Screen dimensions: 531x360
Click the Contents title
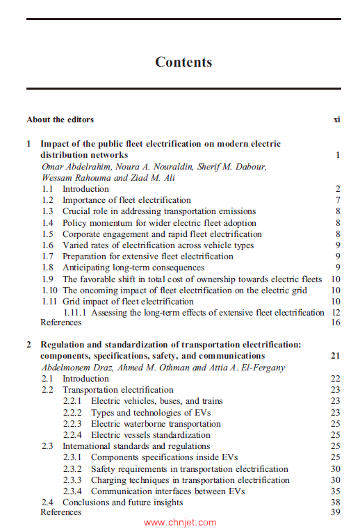click(x=183, y=62)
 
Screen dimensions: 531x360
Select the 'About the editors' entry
click(x=60, y=120)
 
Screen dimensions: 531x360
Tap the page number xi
click(x=336, y=120)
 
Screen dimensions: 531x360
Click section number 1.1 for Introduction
click(x=47, y=189)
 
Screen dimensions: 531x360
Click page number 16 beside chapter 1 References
click(x=335, y=322)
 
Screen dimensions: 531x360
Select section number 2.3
click(x=47, y=446)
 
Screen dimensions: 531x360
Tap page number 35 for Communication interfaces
click(x=335, y=491)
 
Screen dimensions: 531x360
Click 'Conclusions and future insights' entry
click(x=122, y=503)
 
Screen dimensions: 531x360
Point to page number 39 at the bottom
click(x=335, y=513)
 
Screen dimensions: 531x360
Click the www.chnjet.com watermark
click(x=180, y=523)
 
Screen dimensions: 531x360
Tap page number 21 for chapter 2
click(x=335, y=356)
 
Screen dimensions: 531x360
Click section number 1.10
click(x=49, y=291)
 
